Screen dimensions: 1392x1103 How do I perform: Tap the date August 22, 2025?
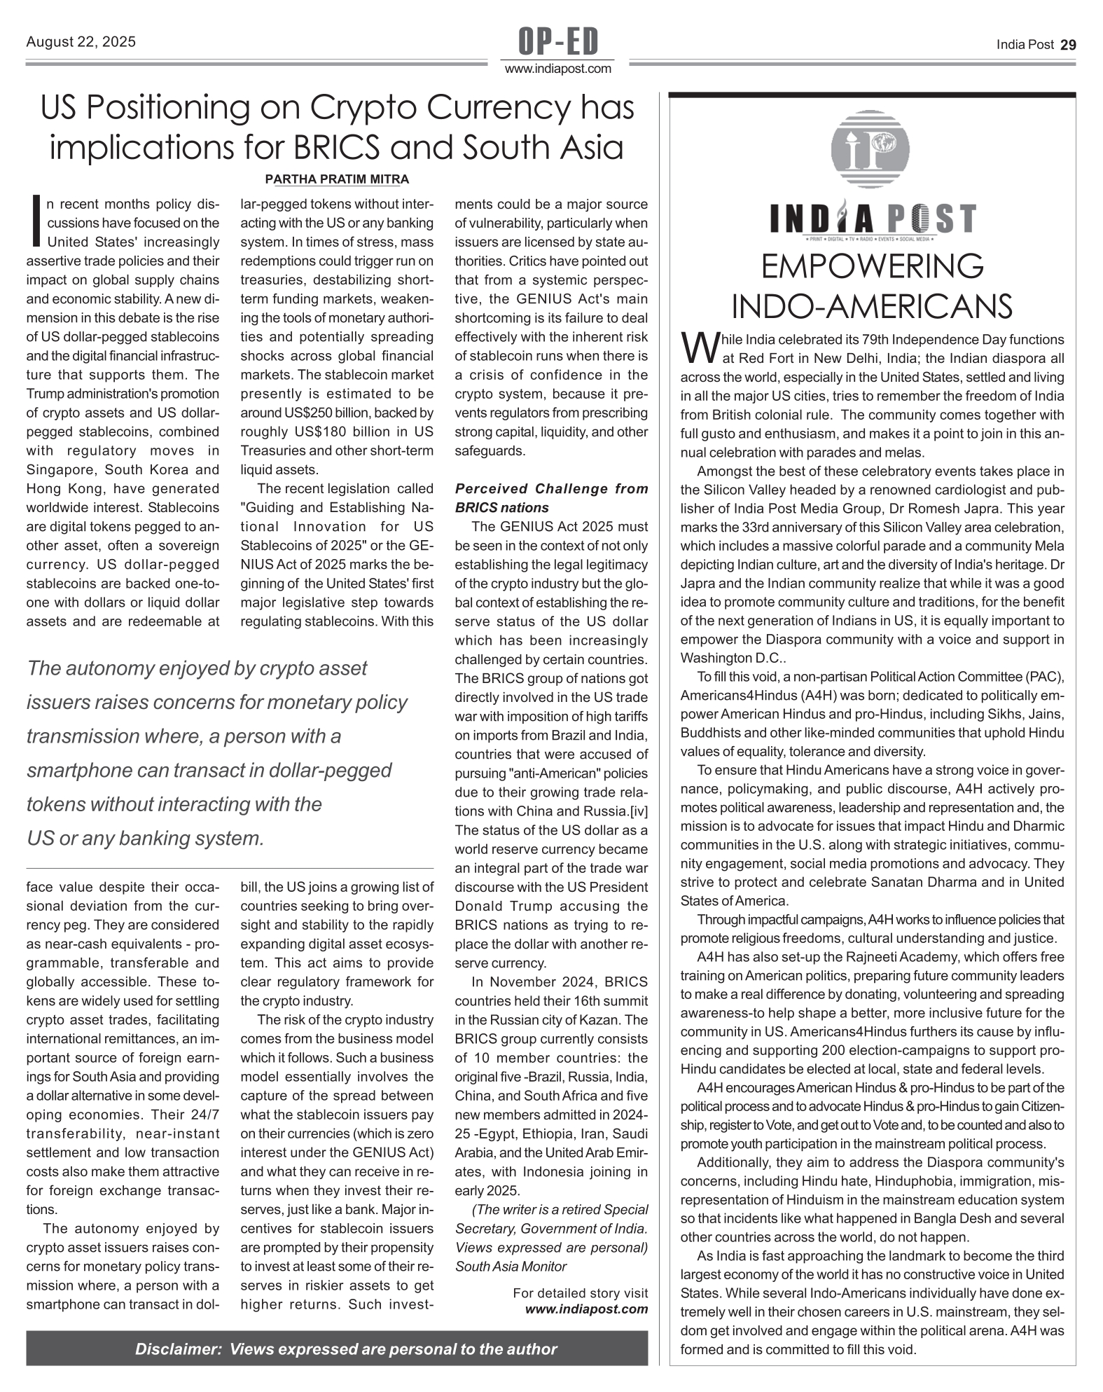81,42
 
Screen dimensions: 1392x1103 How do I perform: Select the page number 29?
1068,45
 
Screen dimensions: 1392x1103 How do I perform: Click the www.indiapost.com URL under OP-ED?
558,69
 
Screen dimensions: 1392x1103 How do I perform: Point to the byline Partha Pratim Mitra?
337,179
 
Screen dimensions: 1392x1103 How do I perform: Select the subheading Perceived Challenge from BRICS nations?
551,498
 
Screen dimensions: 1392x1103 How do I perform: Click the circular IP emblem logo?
870,151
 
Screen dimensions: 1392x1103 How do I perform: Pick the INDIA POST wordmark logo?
872,219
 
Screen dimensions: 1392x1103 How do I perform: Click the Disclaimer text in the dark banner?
346,1349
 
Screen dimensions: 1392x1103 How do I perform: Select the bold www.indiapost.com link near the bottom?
587,1309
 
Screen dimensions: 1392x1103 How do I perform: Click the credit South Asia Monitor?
511,1266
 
